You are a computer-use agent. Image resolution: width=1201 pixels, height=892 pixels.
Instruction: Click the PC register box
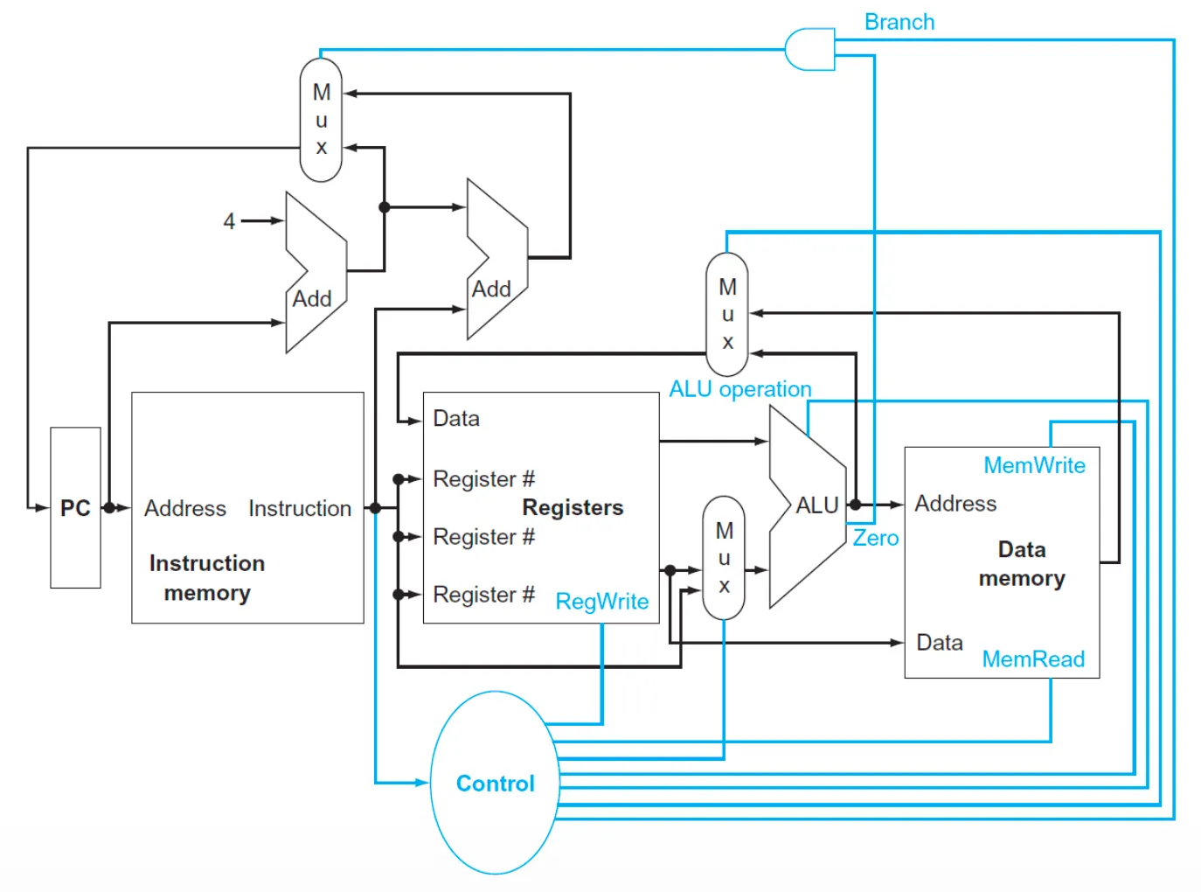(75, 507)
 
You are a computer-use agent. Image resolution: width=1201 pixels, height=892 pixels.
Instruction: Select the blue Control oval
(495, 783)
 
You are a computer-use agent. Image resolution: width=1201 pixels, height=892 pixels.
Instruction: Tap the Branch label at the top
(899, 22)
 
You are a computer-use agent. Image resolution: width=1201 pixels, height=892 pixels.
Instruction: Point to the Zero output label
(875, 538)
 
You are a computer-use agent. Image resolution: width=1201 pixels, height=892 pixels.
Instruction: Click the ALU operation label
(739, 388)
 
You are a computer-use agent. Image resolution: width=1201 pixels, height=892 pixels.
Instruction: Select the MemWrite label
(1034, 465)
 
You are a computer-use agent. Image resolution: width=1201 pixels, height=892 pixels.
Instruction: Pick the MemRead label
(1033, 659)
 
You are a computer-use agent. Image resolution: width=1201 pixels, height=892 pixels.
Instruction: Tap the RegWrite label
(601, 602)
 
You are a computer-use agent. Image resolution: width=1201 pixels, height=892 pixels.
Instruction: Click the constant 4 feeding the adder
(229, 221)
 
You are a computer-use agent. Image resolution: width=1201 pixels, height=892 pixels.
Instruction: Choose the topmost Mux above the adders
(321, 120)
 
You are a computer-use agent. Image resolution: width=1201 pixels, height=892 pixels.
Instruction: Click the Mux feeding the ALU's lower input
(724, 558)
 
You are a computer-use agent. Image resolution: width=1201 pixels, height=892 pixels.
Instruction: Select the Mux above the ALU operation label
(727, 314)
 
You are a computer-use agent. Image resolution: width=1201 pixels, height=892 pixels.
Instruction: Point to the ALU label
(816, 505)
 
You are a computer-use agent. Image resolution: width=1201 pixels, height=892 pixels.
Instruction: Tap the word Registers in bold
(573, 507)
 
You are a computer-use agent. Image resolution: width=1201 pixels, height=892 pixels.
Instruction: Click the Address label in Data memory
(955, 504)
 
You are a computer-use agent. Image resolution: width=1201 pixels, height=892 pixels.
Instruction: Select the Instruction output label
(299, 508)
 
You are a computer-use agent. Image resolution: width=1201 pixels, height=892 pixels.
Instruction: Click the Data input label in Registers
(456, 418)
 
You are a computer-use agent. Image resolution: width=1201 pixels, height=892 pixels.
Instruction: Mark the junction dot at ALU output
(855, 505)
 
